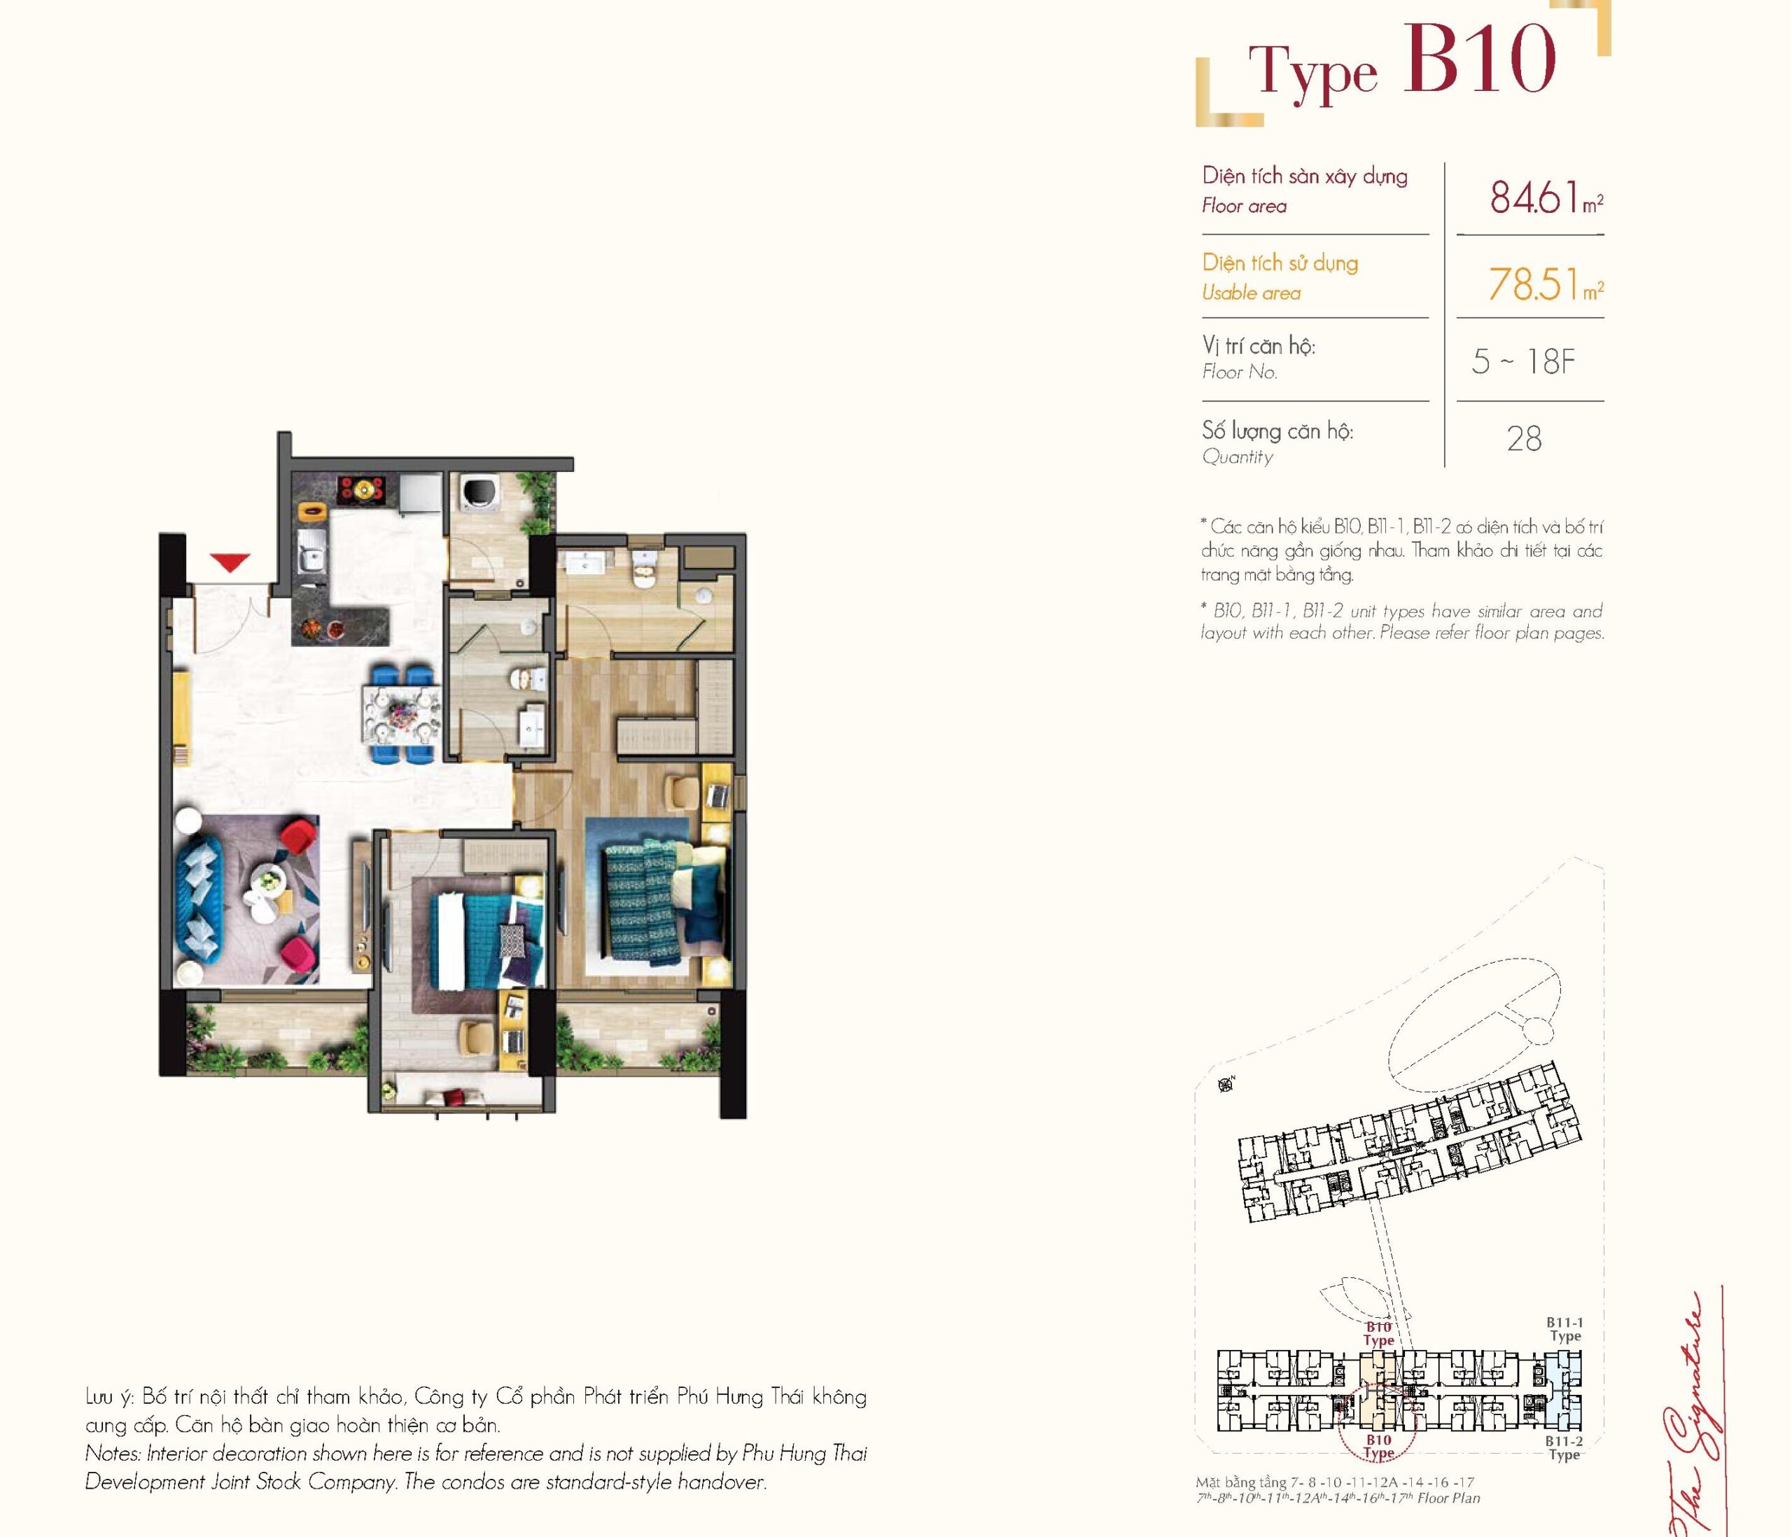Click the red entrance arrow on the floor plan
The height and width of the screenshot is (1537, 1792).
click(230, 562)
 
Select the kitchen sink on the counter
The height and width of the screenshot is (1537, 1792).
click(311, 552)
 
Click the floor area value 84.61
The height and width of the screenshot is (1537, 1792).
click(1535, 197)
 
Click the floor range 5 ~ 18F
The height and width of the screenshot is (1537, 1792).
click(1523, 361)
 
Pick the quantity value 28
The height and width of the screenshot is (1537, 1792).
click(1524, 438)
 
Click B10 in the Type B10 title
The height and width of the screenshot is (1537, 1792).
click(1480, 59)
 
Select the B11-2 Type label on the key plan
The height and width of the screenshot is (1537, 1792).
click(1564, 1448)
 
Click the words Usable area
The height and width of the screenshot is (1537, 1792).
click(1251, 293)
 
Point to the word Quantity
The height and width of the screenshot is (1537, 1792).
click(1237, 457)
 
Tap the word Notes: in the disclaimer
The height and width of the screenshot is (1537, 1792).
click(113, 1454)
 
